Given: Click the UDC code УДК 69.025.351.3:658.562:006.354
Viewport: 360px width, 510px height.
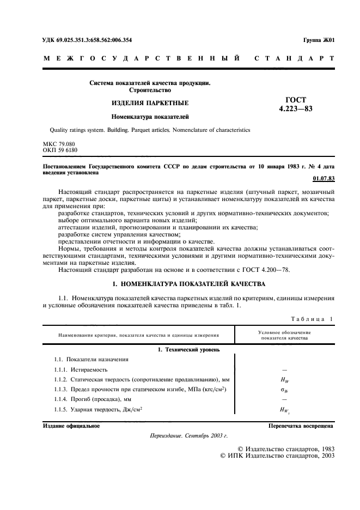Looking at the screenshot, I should [x=87, y=40].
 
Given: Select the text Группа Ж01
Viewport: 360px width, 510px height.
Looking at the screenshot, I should [x=318, y=40].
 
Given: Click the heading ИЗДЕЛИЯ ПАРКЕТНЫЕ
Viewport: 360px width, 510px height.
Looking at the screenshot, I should [x=143, y=103].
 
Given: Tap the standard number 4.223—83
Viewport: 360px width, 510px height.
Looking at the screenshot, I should [x=296, y=109].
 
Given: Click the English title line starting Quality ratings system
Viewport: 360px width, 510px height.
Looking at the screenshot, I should [x=150, y=130].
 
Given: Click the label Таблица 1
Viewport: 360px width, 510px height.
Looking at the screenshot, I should [x=311, y=319].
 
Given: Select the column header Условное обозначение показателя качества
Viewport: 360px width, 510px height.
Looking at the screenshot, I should [x=284, y=335].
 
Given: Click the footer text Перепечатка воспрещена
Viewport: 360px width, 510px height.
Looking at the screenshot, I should [x=301, y=426].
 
